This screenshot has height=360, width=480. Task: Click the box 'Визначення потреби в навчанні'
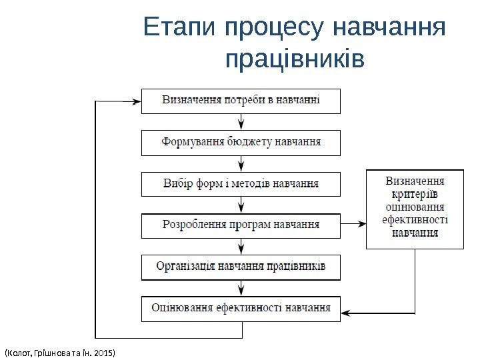241,101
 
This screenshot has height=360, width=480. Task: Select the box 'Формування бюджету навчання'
241,142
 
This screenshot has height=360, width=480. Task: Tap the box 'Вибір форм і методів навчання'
241,183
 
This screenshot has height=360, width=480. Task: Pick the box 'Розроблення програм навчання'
241,225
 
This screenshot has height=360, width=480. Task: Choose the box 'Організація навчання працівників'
241,266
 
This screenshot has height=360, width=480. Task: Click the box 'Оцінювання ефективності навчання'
241,308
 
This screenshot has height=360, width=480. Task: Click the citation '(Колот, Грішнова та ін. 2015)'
60,351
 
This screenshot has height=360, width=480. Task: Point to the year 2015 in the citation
105,351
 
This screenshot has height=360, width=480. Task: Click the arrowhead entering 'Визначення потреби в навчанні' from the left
136,102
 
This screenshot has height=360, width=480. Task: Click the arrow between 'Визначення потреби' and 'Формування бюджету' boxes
241,121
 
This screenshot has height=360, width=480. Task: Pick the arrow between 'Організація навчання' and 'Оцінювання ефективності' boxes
241,287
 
